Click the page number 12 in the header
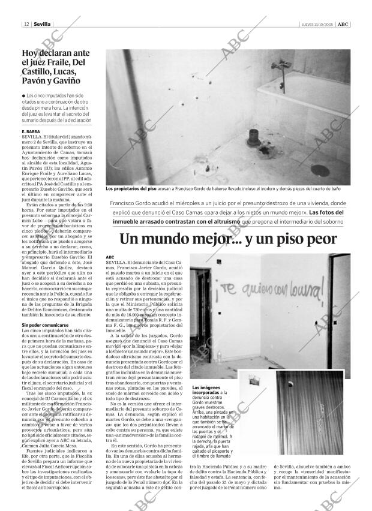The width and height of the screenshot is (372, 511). [27, 24]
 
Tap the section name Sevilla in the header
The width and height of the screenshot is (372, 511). [42, 24]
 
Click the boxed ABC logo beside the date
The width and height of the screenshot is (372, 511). [343, 24]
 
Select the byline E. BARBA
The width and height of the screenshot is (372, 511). [30, 131]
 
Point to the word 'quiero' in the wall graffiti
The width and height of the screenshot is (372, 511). [250, 293]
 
